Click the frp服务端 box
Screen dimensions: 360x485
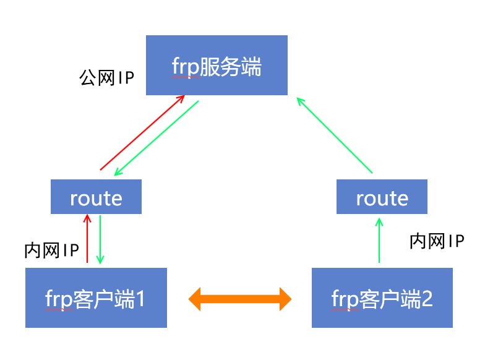point(217,66)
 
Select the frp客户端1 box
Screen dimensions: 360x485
point(96,298)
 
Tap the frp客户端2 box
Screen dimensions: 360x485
point(382,298)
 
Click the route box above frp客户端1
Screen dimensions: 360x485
point(96,197)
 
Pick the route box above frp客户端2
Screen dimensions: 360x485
point(382,197)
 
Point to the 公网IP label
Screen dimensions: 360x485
point(106,78)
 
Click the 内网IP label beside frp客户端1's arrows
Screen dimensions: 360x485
point(51,251)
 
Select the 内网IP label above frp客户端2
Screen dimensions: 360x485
point(437,241)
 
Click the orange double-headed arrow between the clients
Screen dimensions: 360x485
point(240,298)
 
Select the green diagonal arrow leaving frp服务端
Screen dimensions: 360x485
point(156,138)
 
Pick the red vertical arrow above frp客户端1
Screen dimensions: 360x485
point(87,238)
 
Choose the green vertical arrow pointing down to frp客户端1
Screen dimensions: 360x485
point(100,238)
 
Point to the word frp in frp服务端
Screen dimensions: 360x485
point(186,67)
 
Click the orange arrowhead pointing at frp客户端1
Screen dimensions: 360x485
point(196,298)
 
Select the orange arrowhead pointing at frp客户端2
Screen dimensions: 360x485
point(284,298)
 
